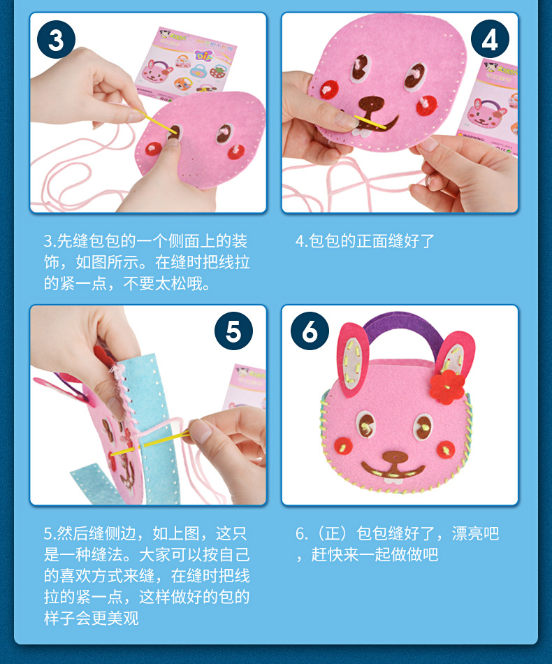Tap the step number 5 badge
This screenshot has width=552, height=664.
click(233, 331)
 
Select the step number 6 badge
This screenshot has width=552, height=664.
click(310, 331)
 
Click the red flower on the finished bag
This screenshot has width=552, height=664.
click(447, 385)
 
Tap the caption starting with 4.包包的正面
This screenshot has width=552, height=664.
click(365, 241)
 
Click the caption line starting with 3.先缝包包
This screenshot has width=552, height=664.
click(145, 241)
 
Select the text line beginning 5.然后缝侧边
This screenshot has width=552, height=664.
click(145, 534)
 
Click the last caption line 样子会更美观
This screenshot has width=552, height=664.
click(91, 619)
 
